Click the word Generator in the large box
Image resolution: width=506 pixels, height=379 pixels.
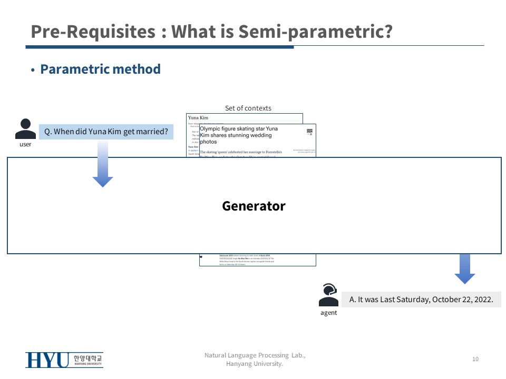click(x=254, y=206)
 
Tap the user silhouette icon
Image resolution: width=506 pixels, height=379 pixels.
click(x=25, y=129)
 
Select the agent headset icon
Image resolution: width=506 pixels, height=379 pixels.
click(x=328, y=295)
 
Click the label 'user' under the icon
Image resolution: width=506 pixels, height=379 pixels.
click(x=25, y=144)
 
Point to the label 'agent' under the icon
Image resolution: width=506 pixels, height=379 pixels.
click(x=328, y=313)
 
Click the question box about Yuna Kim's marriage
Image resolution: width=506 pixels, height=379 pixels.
click(x=106, y=132)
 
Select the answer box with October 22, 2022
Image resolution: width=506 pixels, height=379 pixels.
click(x=421, y=300)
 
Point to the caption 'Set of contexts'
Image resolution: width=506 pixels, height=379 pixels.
click(x=248, y=108)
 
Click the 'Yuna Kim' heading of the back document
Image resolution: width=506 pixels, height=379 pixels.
click(x=198, y=118)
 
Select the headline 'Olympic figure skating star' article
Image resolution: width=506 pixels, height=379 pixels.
click(x=239, y=135)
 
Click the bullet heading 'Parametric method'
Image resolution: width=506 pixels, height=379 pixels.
click(x=100, y=69)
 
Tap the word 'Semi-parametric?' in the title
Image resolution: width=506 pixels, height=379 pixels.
click(x=316, y=32)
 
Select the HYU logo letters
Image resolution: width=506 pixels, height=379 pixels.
click(x=47, y=360)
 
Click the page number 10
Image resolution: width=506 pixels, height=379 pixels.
click(x=475, y=359)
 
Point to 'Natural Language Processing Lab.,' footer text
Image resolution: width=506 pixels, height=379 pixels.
click(x=255, y=355)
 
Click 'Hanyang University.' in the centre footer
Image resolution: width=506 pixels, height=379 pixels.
click(x=255, y=364)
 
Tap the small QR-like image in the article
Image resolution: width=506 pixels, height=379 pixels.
click(x=309, y=133)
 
